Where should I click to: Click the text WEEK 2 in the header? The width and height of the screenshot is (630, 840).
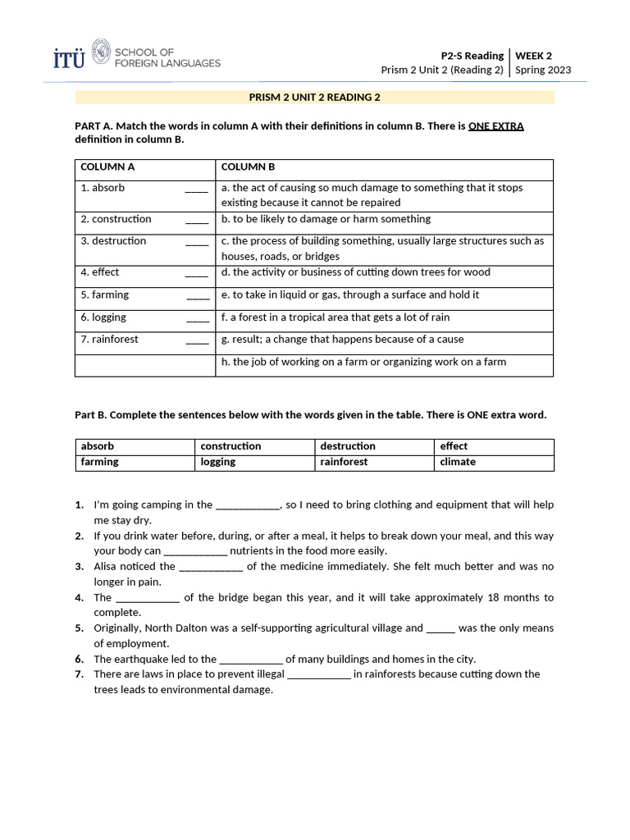point(533,56)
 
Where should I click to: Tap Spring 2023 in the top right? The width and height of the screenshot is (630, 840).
point(543,71)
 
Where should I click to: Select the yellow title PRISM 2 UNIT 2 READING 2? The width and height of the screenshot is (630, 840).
point(314,98)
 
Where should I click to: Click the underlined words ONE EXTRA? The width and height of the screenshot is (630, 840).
point(495,126)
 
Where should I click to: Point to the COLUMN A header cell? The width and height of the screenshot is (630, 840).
point(107,167)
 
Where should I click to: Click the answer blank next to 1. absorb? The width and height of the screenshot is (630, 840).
point(196,189)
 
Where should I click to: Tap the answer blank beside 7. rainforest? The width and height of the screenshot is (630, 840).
point(197,340)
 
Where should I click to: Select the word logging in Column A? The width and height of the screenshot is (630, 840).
point(109,317)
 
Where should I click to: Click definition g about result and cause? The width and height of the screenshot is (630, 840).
point(342,340)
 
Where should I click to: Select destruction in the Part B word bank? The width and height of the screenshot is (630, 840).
point(348,446)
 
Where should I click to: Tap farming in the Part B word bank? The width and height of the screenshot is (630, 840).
point(99,462)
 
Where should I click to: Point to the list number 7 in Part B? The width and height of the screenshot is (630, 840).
point(80,674)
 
